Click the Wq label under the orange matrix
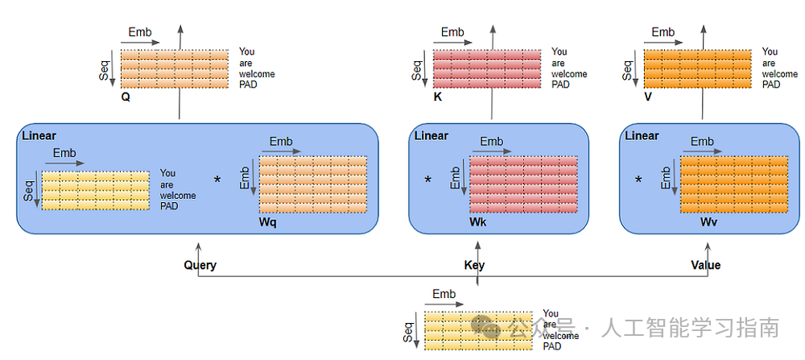coord(268,222)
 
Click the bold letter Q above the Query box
coord(126,95)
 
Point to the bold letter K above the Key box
coord(437,96)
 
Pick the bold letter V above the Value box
coord(647,96)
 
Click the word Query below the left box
coord(200,265)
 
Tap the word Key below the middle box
coord(474,265)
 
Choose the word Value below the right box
coord(705,265)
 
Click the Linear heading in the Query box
coord(39,136)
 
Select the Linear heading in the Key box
coord(431,135)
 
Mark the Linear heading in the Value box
coord(642,135)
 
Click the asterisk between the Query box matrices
coord(217,180)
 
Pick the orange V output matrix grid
coord(699,68)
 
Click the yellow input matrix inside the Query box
coord(95,190)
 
